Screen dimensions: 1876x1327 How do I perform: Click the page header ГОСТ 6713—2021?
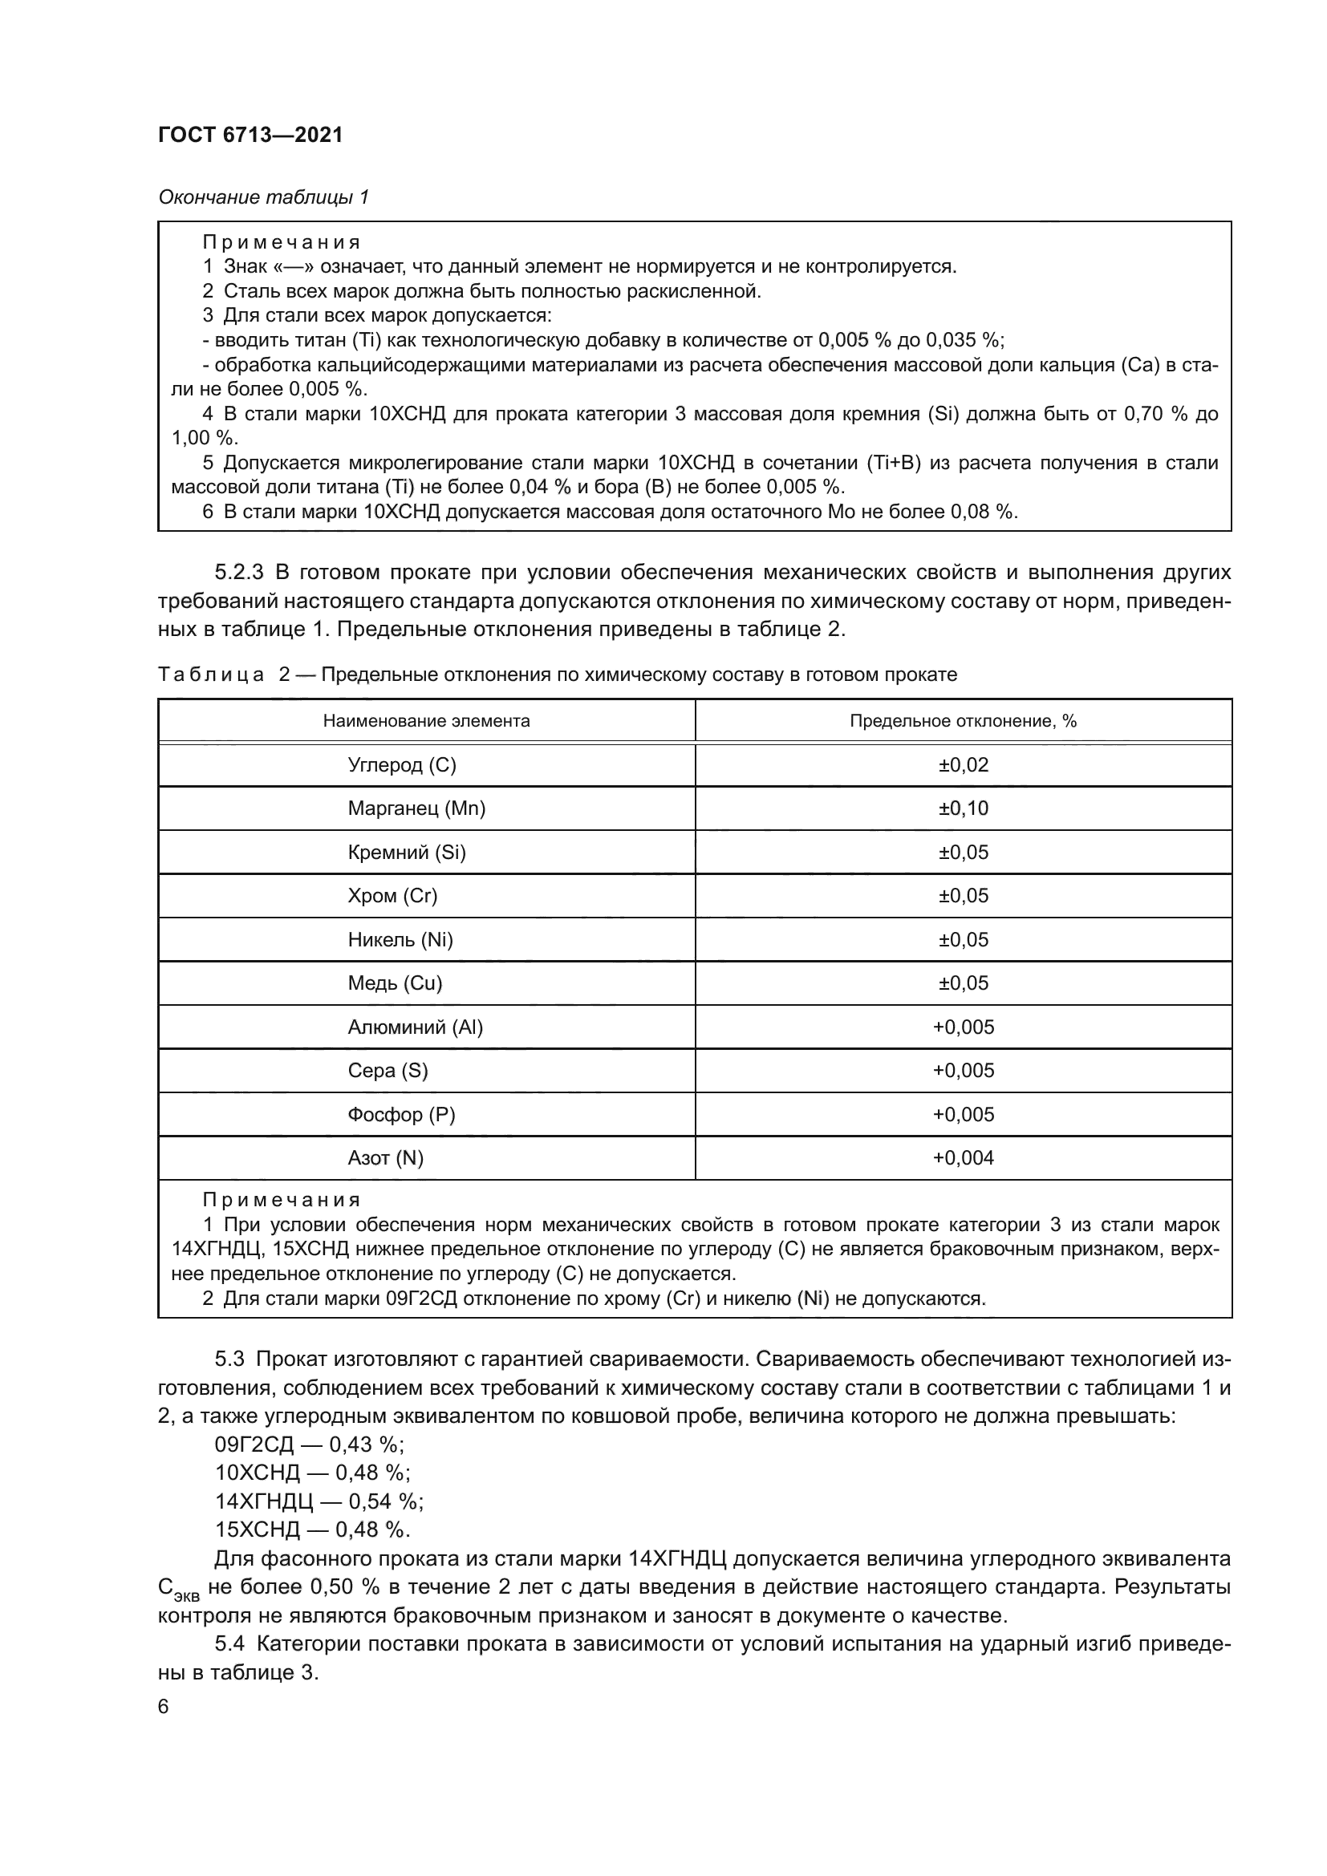(x=250, y=135)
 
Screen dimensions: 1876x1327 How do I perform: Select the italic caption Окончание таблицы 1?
(x=263, y=197)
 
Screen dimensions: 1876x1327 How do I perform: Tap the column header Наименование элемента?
(x=426, y=721)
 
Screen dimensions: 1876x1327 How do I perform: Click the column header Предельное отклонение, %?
(x=963, y=721)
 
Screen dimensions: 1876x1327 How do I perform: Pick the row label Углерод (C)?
(x=402, y=765)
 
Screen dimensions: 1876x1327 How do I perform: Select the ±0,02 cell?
(x=963, y=765)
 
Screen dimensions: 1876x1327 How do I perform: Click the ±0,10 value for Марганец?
(x=963, y=808)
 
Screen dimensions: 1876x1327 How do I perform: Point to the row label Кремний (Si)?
(x=406, y=853)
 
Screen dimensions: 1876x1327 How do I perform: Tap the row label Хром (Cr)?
(x=392, y=896)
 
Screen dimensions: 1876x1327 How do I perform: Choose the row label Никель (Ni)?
(x=400, y=940)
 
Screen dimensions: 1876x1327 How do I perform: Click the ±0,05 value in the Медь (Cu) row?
(x=963, y=983)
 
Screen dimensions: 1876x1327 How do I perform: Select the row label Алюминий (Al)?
(x=415, y=1027)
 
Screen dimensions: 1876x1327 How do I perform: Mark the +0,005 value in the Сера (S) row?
(x=963, y=1071)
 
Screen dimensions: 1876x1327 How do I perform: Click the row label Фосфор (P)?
(x=401, y=1115)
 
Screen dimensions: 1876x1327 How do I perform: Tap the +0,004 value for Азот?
(x=963, y=1158)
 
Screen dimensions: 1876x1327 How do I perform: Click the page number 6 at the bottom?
(x=164, y=1707)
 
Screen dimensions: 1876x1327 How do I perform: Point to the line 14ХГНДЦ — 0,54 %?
(x=319, y=1524)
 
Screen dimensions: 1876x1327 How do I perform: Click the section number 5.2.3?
(x=239, y=572)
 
